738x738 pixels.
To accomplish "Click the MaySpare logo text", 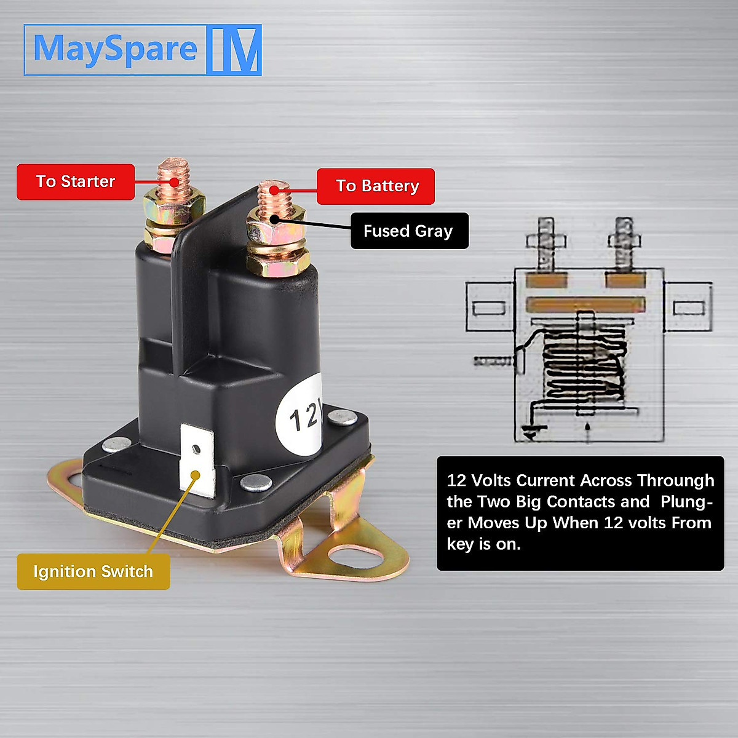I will click(x=115, y=49).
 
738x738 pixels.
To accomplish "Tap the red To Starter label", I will click(x=75, y=181).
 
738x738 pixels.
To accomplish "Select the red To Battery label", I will click(x=376, y=186).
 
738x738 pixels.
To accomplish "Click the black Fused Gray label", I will click(x=409, y=231).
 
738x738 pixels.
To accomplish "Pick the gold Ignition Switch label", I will click(x=93, y=571).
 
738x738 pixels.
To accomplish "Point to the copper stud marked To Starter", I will click(x=173, y=175).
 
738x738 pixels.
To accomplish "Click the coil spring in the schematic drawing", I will click(x=584, y=369).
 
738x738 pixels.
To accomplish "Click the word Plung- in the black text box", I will click(x=686, y=502).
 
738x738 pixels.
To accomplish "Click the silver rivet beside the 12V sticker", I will click(x=341, y=418).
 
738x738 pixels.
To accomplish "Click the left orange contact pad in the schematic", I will click(x=546, y=281).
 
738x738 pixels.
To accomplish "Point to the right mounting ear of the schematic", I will click(x=688, y=307).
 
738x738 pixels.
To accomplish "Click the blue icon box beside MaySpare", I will click(x=234, y=50).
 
